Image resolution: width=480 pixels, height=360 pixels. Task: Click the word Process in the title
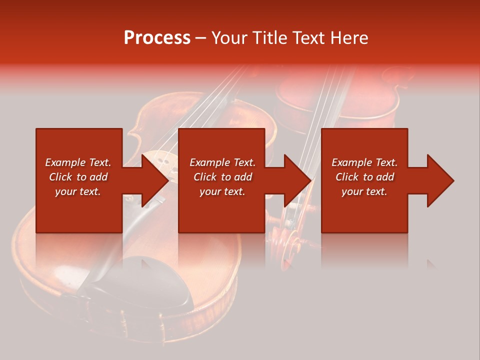click(157, 38)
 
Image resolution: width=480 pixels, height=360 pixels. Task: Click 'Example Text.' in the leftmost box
click(78, 162)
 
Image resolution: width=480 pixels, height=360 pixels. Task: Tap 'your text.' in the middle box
click(222, 191)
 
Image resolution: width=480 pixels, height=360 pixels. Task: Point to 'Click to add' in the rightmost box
click(364, 177)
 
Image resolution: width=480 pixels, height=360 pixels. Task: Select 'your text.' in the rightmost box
click(364, 191)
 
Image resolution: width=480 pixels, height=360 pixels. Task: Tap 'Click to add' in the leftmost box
click(78, 177)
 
